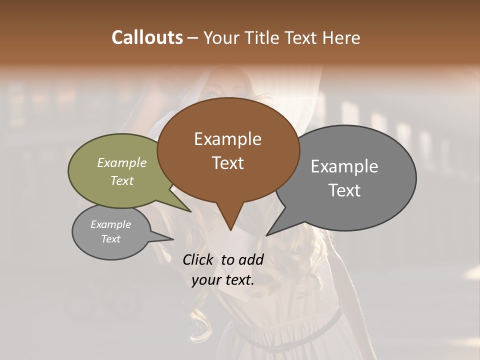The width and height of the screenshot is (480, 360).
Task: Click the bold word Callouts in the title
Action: (147, 37)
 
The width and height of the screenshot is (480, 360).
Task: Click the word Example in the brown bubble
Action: (227, 139)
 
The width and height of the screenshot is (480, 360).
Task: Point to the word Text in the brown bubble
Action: (227, 162)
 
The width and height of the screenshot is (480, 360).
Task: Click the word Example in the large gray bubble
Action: (344, 166)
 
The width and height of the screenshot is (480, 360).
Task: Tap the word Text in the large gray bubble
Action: (344, 190)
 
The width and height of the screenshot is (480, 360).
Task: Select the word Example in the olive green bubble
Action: (122, 162)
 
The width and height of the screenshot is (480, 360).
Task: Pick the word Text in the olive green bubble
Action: (122, 180)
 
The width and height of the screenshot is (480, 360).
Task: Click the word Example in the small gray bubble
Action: (111, 224)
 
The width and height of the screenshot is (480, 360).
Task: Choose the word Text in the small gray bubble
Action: (111, 239)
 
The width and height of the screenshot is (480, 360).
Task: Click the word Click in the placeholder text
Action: (199, 259)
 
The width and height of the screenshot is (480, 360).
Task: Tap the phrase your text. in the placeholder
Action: (223, 280)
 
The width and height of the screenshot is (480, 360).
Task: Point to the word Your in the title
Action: (220, 37)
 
